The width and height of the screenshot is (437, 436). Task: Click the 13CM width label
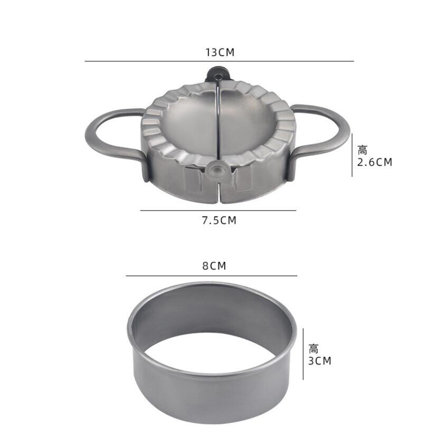(220, 52)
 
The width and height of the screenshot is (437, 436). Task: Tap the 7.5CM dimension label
(219, 220)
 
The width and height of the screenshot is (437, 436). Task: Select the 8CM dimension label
(214, 266)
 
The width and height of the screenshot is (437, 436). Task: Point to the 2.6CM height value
(375, 162)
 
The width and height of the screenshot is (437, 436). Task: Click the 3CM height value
(320, 361)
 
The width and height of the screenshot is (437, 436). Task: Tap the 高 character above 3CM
(314, 349)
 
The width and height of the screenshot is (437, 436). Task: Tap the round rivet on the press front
(216, 169)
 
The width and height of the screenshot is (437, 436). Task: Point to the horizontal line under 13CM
(219, 61)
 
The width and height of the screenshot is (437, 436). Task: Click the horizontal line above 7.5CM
(218, 211)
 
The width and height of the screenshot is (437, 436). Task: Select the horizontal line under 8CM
(211, 276)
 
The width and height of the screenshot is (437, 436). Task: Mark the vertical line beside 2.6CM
(352, 155)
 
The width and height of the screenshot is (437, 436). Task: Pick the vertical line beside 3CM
(303, 354)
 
